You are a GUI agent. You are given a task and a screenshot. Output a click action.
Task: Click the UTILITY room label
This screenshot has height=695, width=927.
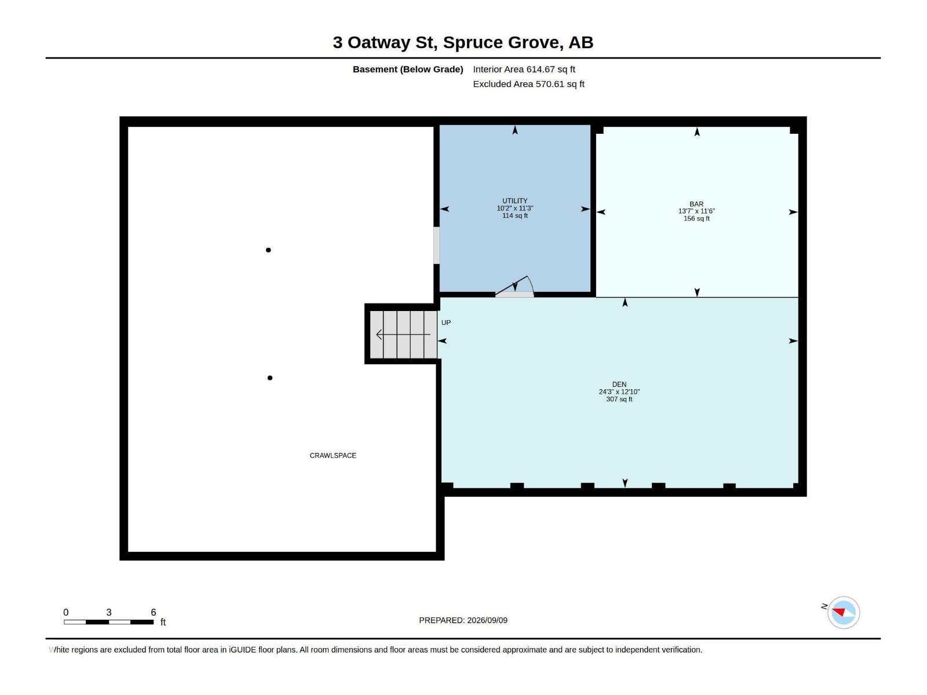tap(515, 201)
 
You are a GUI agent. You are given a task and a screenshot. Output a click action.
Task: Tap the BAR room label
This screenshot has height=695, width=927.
tap(696, 204)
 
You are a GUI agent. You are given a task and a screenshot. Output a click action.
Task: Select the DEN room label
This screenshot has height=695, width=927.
tap(619, 385)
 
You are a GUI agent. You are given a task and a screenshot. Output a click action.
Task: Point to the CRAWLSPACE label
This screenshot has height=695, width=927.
tap(333, 455)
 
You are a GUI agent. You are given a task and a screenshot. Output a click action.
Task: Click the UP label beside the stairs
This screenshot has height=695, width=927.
tap(446, 323)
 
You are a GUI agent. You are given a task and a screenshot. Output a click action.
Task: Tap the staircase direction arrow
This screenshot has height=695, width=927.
tap(403, 335)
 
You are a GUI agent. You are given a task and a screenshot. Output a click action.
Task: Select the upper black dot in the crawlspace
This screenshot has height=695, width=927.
tap(268, 250)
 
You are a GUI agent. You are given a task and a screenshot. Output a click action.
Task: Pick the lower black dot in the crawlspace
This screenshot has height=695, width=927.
tap(270, 378)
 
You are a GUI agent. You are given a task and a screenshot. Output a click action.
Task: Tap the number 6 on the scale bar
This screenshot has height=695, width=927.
tap(154, 612)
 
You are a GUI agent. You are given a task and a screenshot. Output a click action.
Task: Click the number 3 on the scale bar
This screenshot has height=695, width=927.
tap(109, 612)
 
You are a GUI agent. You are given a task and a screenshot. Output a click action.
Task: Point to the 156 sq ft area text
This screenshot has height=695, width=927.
tap(696, 218)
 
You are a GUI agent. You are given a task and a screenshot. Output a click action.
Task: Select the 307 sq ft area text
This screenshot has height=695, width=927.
tap(619, 399)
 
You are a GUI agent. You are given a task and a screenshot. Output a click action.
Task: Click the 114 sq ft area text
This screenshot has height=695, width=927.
tap(515, 215)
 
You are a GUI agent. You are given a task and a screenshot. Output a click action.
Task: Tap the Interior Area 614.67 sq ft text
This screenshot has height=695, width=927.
tap(524, 69)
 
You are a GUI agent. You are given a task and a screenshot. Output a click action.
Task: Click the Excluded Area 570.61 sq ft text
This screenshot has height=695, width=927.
tap(529, 84)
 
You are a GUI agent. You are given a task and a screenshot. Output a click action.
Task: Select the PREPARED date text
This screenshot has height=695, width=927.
tap(463, 620)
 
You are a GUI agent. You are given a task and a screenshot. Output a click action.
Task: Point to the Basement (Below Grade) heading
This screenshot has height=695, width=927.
tap(408, 69)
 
